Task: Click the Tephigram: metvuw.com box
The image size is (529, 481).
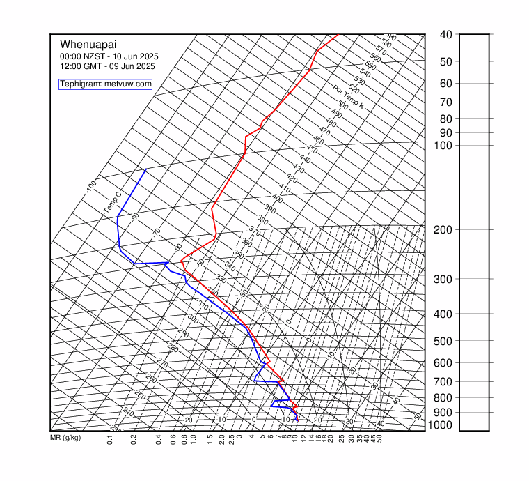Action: click(x=105, y=84)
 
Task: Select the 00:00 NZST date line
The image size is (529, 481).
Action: click(x=109, y=56)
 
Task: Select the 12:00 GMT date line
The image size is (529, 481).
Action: click(x=107, y=66)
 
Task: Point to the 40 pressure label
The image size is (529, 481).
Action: click(x=446, y=34)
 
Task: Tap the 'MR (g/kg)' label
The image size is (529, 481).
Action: click(x=65, y=438)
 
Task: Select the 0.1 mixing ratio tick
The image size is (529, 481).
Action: click(x=110, y=440)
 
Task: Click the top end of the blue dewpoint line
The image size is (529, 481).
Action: click(x=145, y=169)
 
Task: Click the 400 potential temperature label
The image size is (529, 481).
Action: click(x=277, y=199)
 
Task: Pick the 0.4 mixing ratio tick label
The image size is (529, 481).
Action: click(x=159, y=440)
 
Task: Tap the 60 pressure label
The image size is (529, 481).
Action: click(x=446, y=83)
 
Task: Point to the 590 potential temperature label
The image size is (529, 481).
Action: click(x=391, y=37)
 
